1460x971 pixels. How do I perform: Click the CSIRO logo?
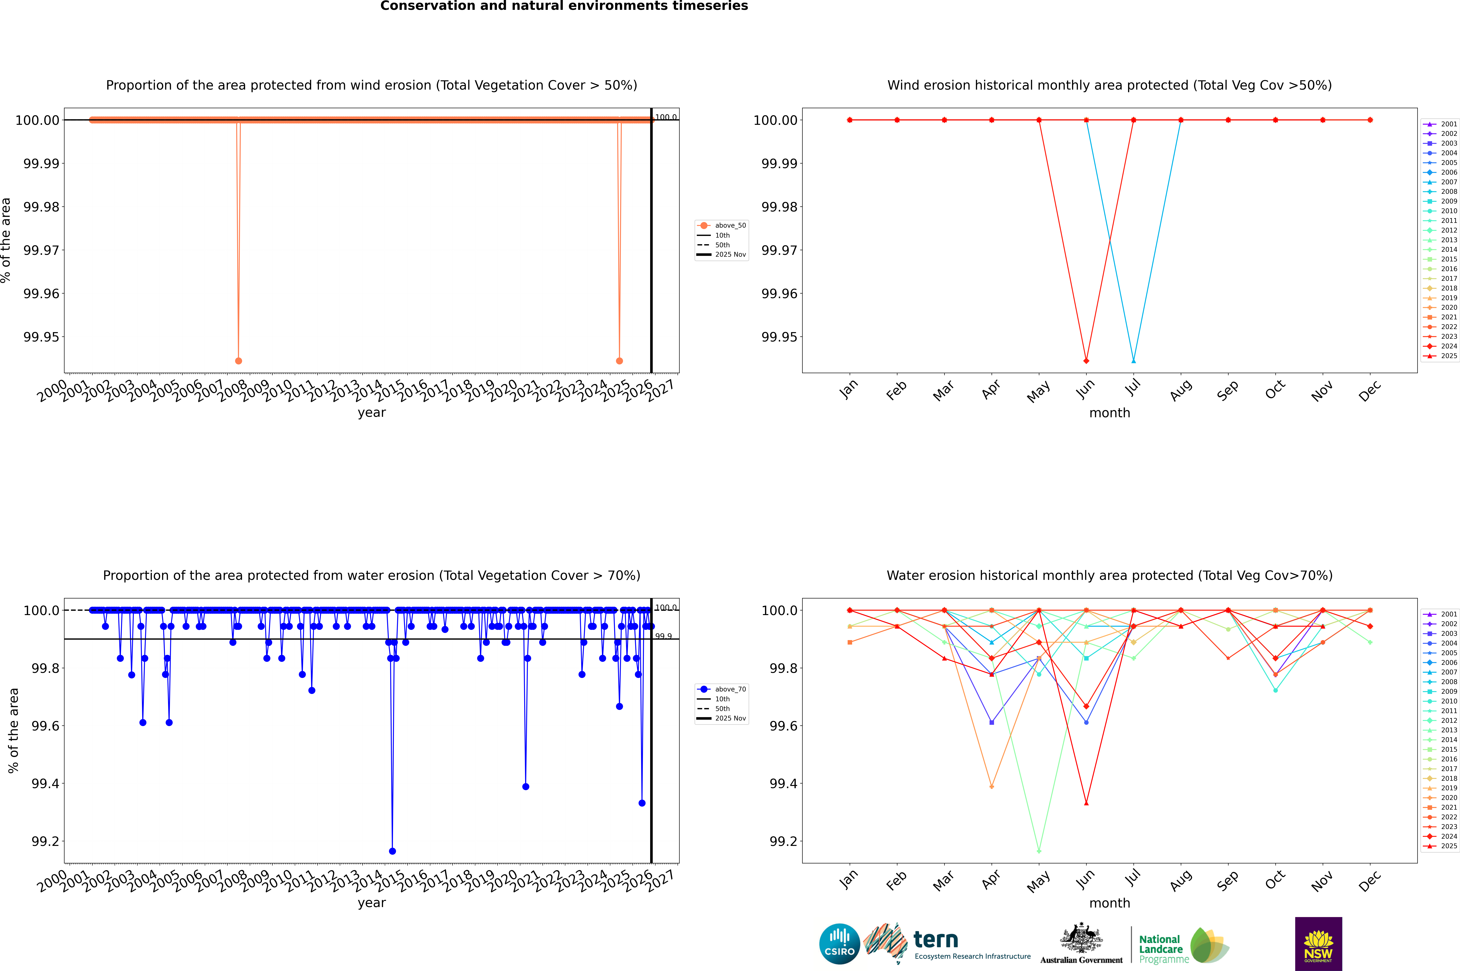pos(839,944)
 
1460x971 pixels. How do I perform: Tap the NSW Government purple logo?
pos(1318,944)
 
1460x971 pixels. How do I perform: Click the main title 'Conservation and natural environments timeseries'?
pos(564,6)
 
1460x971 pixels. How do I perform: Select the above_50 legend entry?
pos(722,225)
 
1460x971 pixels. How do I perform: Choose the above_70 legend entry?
pos(722,689)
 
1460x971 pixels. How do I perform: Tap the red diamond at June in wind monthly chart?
pos(1086,360)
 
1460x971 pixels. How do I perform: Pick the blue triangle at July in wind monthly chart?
pos(1133,360)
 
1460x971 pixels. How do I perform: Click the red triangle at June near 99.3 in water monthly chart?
pos(1086,803)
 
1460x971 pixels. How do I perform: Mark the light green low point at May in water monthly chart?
pos(1039,851)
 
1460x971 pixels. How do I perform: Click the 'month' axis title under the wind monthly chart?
pos(1109,413)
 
